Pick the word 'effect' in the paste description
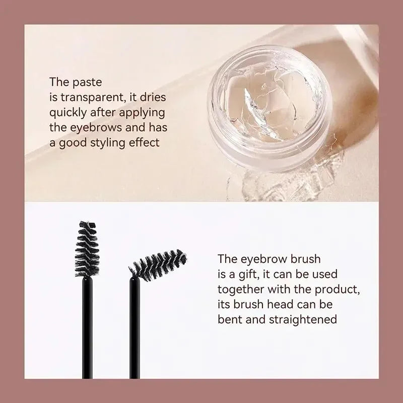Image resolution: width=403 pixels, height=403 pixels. (146, 143)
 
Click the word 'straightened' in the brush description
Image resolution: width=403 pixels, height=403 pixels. (300, 319)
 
